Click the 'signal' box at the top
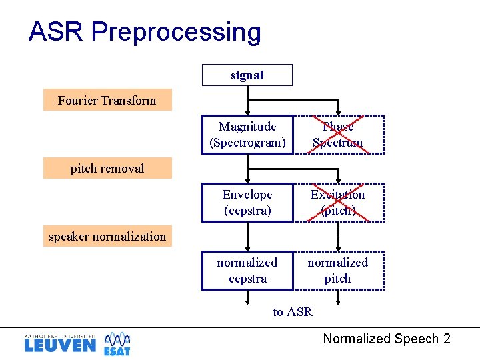pos(247,75)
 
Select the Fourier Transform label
pos(107,100)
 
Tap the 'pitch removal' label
pos(107,168)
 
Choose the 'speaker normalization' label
pos(107,236)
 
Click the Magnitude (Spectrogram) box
pos(247,135)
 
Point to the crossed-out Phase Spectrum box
pos(338,135)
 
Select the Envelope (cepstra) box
pos(247,203)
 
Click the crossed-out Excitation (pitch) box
pos(338,203)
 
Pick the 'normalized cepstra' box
pos(247,271)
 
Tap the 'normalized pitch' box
pos(338,271)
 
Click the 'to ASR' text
pos(293,311)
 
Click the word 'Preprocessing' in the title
pos(176,32)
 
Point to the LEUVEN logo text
pos(60,345)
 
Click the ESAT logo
pos(117,343)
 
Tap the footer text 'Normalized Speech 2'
pos(387,339)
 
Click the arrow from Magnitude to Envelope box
pos(247,169)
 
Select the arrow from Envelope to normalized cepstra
pos(247,237)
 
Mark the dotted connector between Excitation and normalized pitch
pos(338,237)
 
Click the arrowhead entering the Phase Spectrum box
pos(338,112)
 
